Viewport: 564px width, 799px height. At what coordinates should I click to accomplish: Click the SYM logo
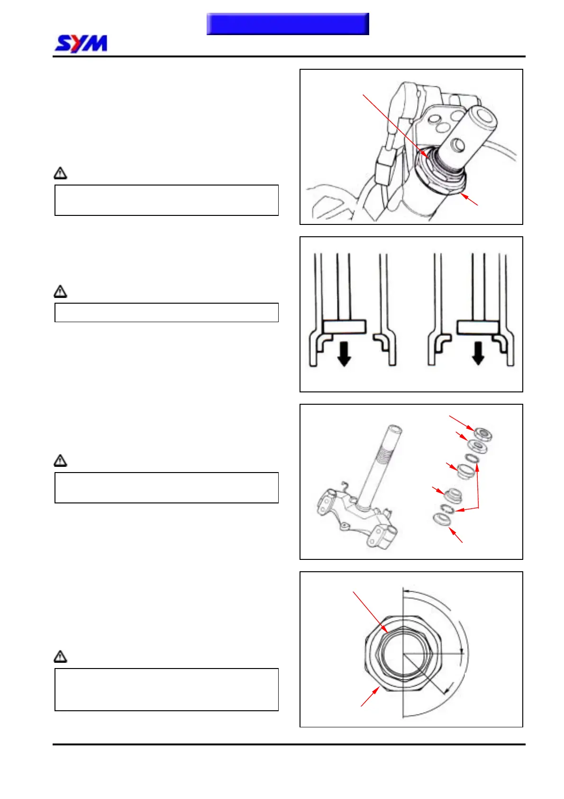pos(81,44)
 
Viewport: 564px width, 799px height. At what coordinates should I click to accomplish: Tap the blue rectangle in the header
pos(288,24)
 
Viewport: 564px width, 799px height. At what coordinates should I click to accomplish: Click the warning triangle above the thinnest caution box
pos(60,291)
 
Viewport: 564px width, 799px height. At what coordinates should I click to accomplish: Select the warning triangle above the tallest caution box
pos(60,657)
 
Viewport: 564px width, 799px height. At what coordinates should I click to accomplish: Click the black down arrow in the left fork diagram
pos(344,354)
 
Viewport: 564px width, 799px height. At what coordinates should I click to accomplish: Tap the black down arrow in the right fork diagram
pos(478,354)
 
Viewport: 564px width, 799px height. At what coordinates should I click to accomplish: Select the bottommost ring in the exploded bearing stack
pos(441,519)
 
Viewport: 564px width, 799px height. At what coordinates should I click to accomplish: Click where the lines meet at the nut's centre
pos(403,654)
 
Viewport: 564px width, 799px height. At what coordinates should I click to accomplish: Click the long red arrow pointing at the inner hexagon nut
pos(371,612)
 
